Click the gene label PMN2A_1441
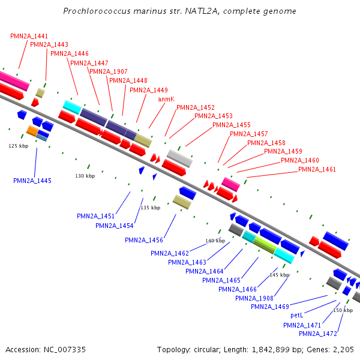29,36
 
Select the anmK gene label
166,99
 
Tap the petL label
297,315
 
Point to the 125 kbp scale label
19,146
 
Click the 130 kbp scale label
85,176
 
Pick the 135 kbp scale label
151,208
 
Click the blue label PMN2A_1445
32,181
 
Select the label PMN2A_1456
144,240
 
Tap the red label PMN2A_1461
317,169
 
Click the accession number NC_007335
65,350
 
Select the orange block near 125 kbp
32,131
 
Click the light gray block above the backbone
179,158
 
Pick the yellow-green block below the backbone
265,245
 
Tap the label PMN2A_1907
109,71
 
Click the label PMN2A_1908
254,298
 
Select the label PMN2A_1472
318,334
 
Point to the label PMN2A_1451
96,216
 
